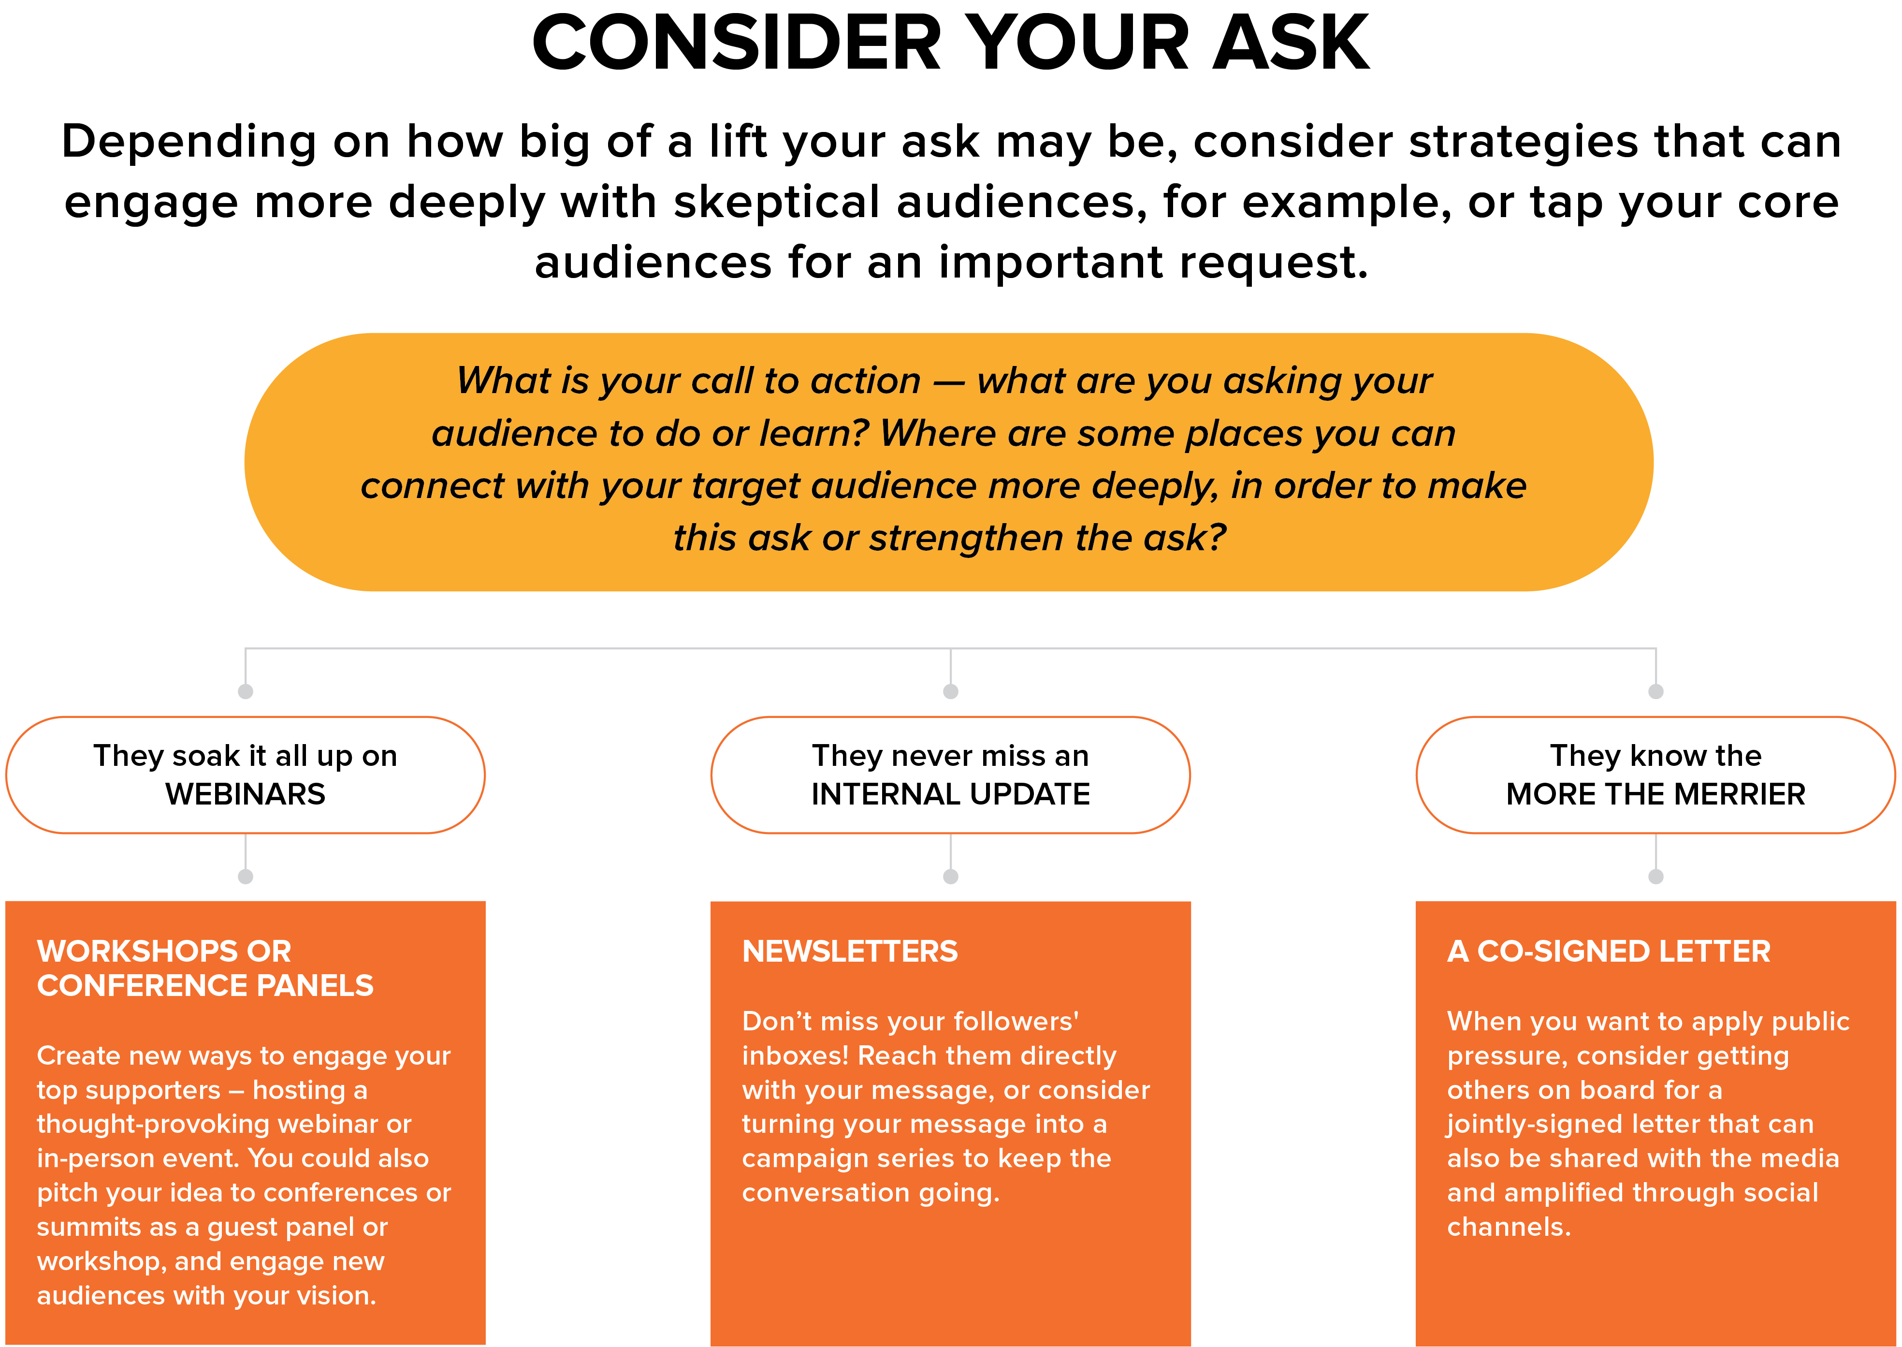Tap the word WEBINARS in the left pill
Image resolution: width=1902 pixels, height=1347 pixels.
tap(246, 794)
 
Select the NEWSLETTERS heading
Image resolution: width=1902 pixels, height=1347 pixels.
tap(850, 952)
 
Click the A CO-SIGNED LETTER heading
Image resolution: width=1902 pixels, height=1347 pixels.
tap(1609, 952)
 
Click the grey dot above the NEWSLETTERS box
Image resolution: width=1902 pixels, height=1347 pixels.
tap(951, 877)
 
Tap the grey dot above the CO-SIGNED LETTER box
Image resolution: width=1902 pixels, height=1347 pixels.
tap(1656, 877)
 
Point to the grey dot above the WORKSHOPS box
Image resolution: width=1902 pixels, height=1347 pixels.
tap(246, 877)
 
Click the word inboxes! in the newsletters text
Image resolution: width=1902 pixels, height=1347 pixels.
tap(794, 1056)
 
